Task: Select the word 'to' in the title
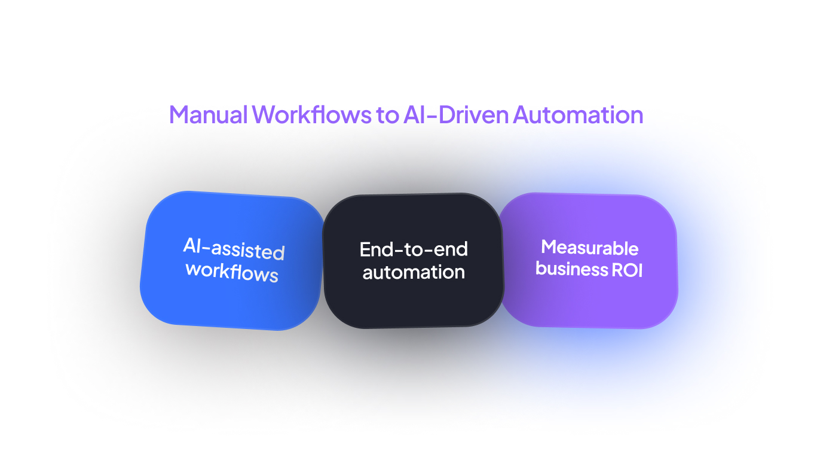tap(387, 114)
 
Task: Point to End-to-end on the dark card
tap(414, 249)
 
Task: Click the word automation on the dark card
tap(414, 272)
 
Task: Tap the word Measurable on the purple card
tap(590, 247)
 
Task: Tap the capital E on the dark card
tap(364, 249)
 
